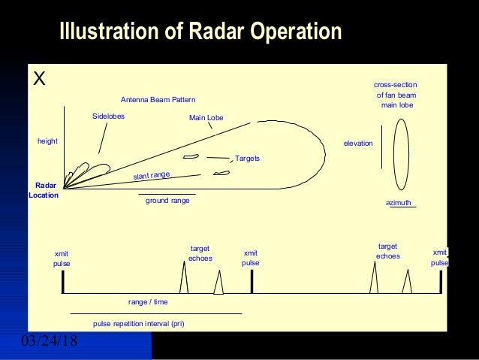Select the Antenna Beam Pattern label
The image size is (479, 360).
pos(157,100)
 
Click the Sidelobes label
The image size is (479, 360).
pos(108,116)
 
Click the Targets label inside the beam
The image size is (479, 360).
pos(247,159)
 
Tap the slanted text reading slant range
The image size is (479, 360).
pos(152,175)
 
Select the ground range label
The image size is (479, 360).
pos(167,201)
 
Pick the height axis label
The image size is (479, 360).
pos(47,141)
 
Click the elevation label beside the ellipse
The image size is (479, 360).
pos(357,143)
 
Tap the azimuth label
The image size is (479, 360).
pos(399,203)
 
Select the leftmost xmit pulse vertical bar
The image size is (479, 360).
pos(63,282)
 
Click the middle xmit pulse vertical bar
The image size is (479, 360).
pos(252,282)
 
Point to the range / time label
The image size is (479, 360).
pos(148,301)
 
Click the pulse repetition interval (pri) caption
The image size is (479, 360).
pos(138,323)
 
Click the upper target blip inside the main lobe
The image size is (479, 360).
pos(191,156)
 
